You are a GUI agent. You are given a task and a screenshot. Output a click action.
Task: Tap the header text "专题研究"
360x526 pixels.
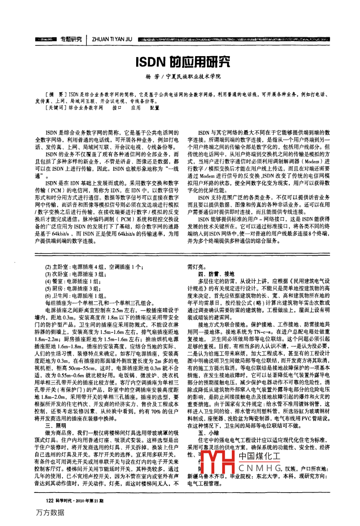coord(71,39)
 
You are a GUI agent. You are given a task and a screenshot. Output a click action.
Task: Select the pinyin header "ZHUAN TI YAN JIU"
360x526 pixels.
coord(112,39)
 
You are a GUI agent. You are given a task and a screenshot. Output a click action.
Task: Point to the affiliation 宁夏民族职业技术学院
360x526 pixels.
coord(193,77)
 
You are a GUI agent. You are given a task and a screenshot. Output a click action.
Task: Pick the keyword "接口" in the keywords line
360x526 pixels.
coord(117,108)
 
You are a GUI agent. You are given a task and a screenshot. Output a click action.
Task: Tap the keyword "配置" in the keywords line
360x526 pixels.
coord(155,108)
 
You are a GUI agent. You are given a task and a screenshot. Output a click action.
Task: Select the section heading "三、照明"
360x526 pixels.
coord(57,426)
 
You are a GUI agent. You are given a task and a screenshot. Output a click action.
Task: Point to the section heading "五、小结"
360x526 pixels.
coord(208,432)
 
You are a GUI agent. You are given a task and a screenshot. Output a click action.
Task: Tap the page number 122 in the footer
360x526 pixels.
coord(50,500)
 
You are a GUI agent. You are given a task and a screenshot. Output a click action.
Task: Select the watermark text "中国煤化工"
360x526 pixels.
coord(260,456)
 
